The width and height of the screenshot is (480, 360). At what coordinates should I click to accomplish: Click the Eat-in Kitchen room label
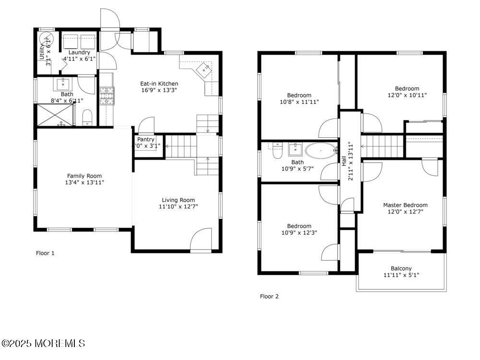tap(159, 84)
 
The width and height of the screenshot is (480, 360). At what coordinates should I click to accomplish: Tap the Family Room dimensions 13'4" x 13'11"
tap(84, 182)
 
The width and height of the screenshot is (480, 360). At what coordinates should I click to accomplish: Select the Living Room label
tap(178, 200)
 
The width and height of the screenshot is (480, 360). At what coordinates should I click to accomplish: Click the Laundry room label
tap(79, 52)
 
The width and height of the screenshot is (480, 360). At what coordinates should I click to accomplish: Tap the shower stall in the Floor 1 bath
tap(54, 115)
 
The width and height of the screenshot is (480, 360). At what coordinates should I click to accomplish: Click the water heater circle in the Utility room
tap(46, 38)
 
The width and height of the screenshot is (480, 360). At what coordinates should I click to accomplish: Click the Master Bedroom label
tap(405, 205)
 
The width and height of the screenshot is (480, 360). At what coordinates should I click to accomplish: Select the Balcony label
tap(401, 269)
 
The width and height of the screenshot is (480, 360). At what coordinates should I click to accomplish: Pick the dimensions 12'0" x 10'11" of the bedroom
tap(407, 95)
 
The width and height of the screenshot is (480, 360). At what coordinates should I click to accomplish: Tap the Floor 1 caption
tap(46, 253)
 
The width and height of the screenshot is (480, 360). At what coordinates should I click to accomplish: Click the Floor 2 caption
tap(269, 296)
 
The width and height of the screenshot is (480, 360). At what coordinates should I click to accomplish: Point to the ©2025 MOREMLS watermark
tap(43, 343)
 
